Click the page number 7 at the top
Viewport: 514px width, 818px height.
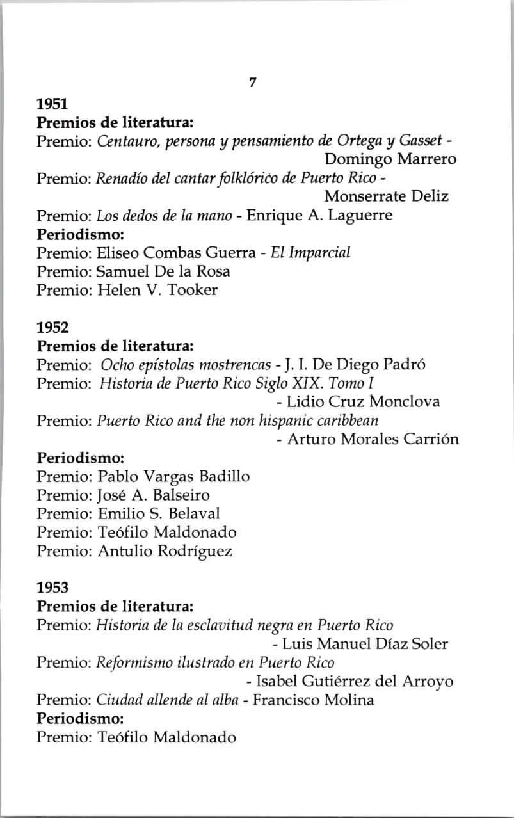pyautogui.click(x=253, y=83)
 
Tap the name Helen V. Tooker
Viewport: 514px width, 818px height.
pyautogui.click(x=157, y=290)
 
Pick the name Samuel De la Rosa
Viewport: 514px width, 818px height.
pyautogui.click(x=164, y=271)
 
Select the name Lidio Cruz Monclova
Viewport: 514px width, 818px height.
pyautogui.click(x=363, y=403)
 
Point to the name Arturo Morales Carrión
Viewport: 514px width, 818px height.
pyautogui.click(x=373, y=440)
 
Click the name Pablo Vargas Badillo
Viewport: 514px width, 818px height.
pyautogui.click(x=173, y=477)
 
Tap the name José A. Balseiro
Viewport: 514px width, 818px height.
pyautogui.click(x=154, y=495)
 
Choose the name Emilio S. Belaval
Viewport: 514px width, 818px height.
pyautogui.click(x=159, y=514)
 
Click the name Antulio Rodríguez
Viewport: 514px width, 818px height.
pyautogui.click(x=165, y=551)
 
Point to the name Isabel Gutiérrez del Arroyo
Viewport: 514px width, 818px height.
pyautogui.click(x=354, y=682)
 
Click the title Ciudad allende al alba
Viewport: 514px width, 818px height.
pyautogui.click(x=165, y=700)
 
